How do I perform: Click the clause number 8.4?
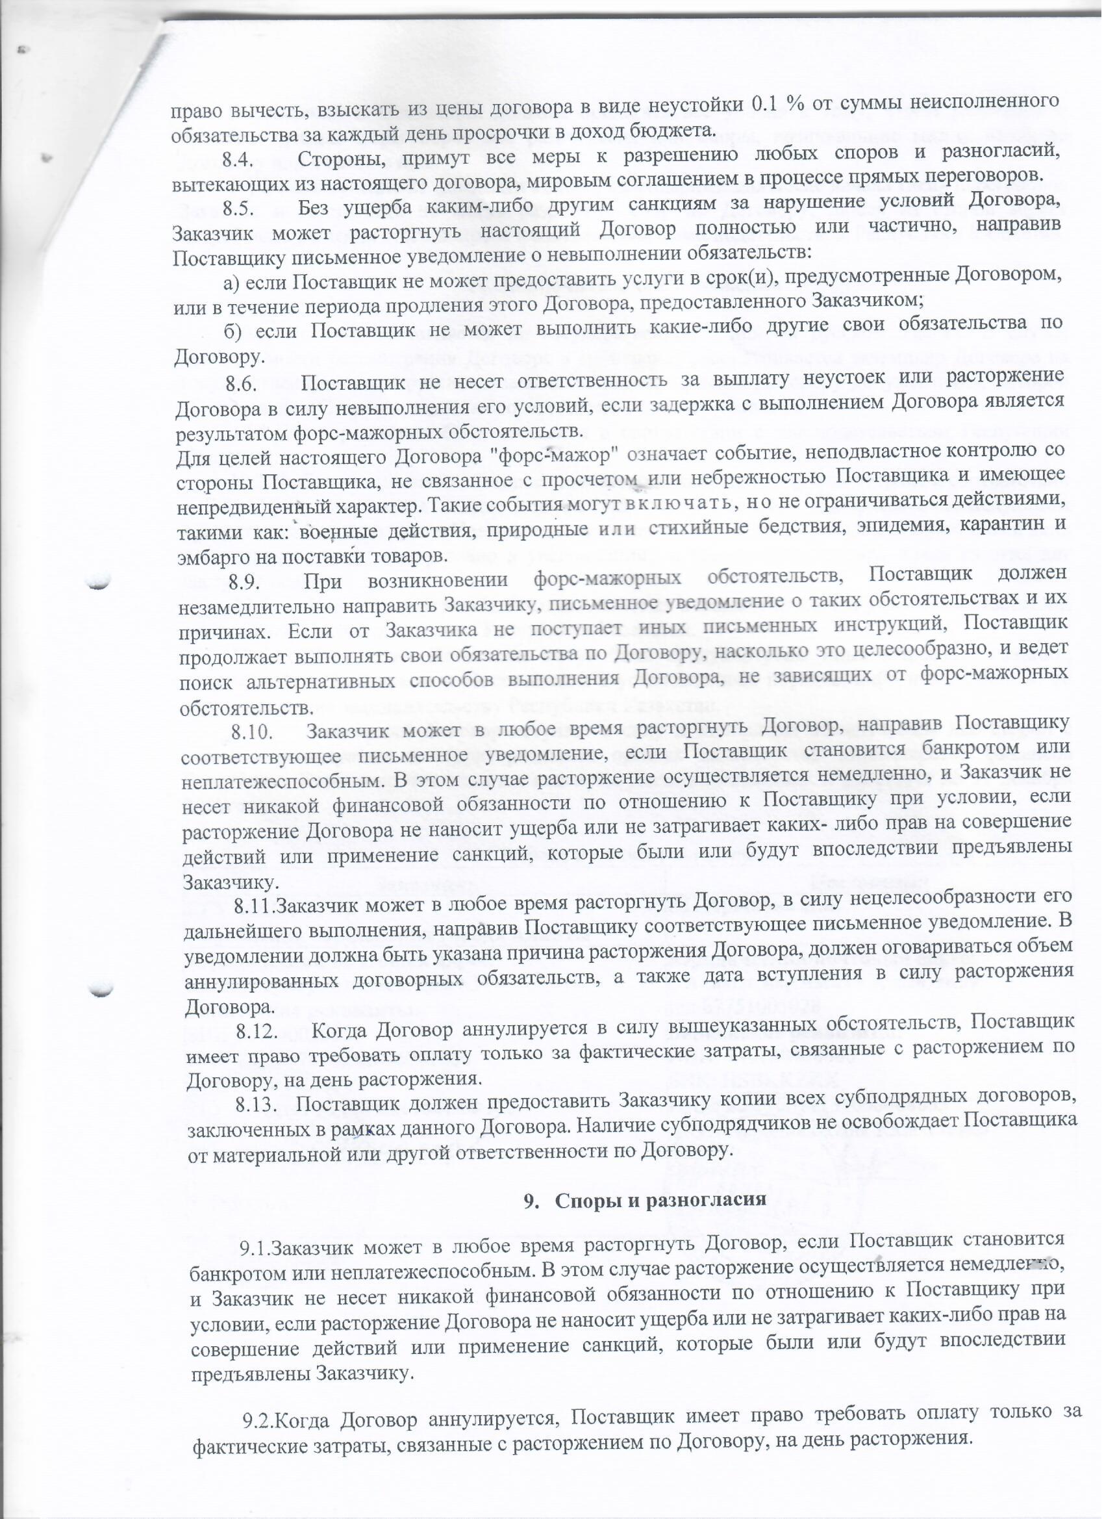click(236, 160)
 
